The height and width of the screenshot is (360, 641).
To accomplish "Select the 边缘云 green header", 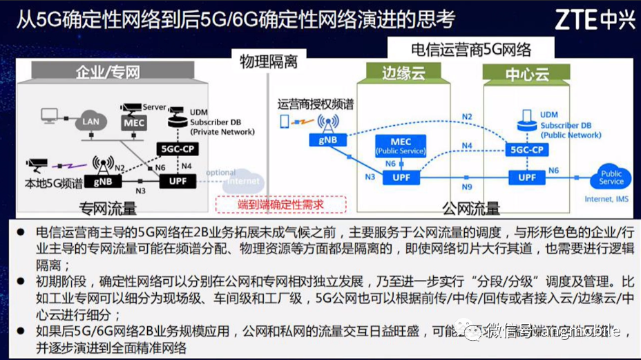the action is click(x=403, y=73).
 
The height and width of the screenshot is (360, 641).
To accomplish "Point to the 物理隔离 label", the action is click(x=269, y=62).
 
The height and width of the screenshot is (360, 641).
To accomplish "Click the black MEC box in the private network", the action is click(x=133, y=122).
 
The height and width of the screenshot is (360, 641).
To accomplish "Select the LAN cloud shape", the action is click(x=91, y=120).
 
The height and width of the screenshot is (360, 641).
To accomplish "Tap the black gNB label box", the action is click(x=103, y=181).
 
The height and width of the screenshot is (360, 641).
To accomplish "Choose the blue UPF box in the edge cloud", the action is click(x=401, y=178).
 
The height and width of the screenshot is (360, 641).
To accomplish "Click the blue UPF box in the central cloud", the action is click(x=527, y=178).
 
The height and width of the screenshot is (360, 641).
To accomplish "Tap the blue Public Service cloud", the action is click(x=611, y=178).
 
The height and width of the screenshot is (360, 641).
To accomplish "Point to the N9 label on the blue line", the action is click(x=468, y=187).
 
